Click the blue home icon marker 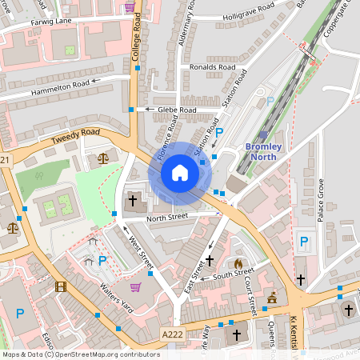coord(180,173)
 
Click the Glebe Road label coord(176,110)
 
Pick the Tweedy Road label coord(75,136)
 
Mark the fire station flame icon coord(238,262)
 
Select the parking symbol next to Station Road coord(219,133)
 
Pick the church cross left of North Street coord(132,199)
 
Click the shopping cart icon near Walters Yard coord(136,287)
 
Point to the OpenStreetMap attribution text coord(81,354)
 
